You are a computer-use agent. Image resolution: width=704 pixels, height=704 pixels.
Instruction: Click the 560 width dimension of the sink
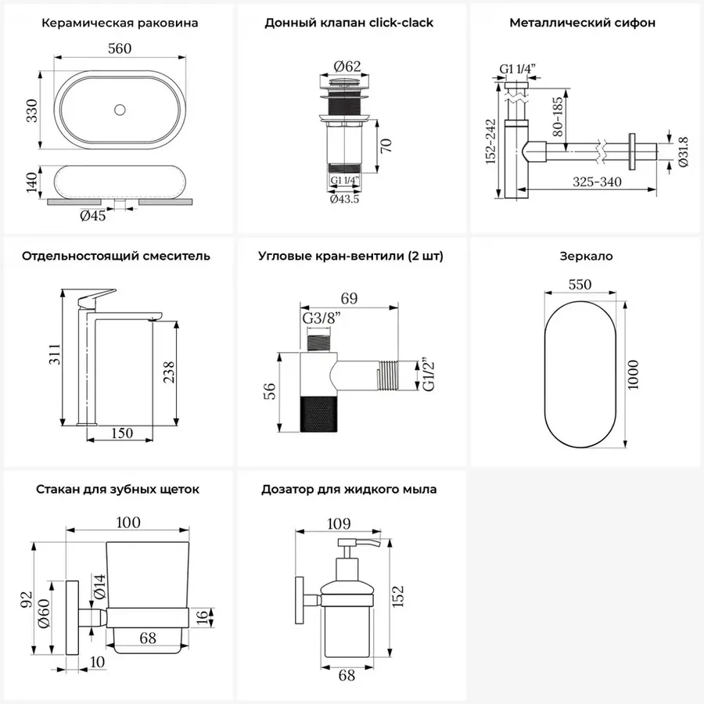click(120, 48)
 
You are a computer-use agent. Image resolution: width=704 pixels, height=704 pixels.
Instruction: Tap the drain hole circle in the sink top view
click(120, 110)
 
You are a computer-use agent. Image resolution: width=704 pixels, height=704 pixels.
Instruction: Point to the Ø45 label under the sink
click(93, 216)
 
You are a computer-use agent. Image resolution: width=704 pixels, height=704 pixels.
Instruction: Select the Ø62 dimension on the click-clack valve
click(347, 66)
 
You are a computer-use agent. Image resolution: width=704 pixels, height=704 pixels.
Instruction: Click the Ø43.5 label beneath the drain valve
click(344, 199)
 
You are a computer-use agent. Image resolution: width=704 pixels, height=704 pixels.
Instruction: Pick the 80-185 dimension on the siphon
click(557, 117)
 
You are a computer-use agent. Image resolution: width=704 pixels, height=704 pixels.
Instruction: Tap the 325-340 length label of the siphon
click(597, 181)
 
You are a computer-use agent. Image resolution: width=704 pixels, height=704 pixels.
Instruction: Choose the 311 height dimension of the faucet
click(54, 354)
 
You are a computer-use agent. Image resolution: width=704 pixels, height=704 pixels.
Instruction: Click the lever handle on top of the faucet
click(96, 296)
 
